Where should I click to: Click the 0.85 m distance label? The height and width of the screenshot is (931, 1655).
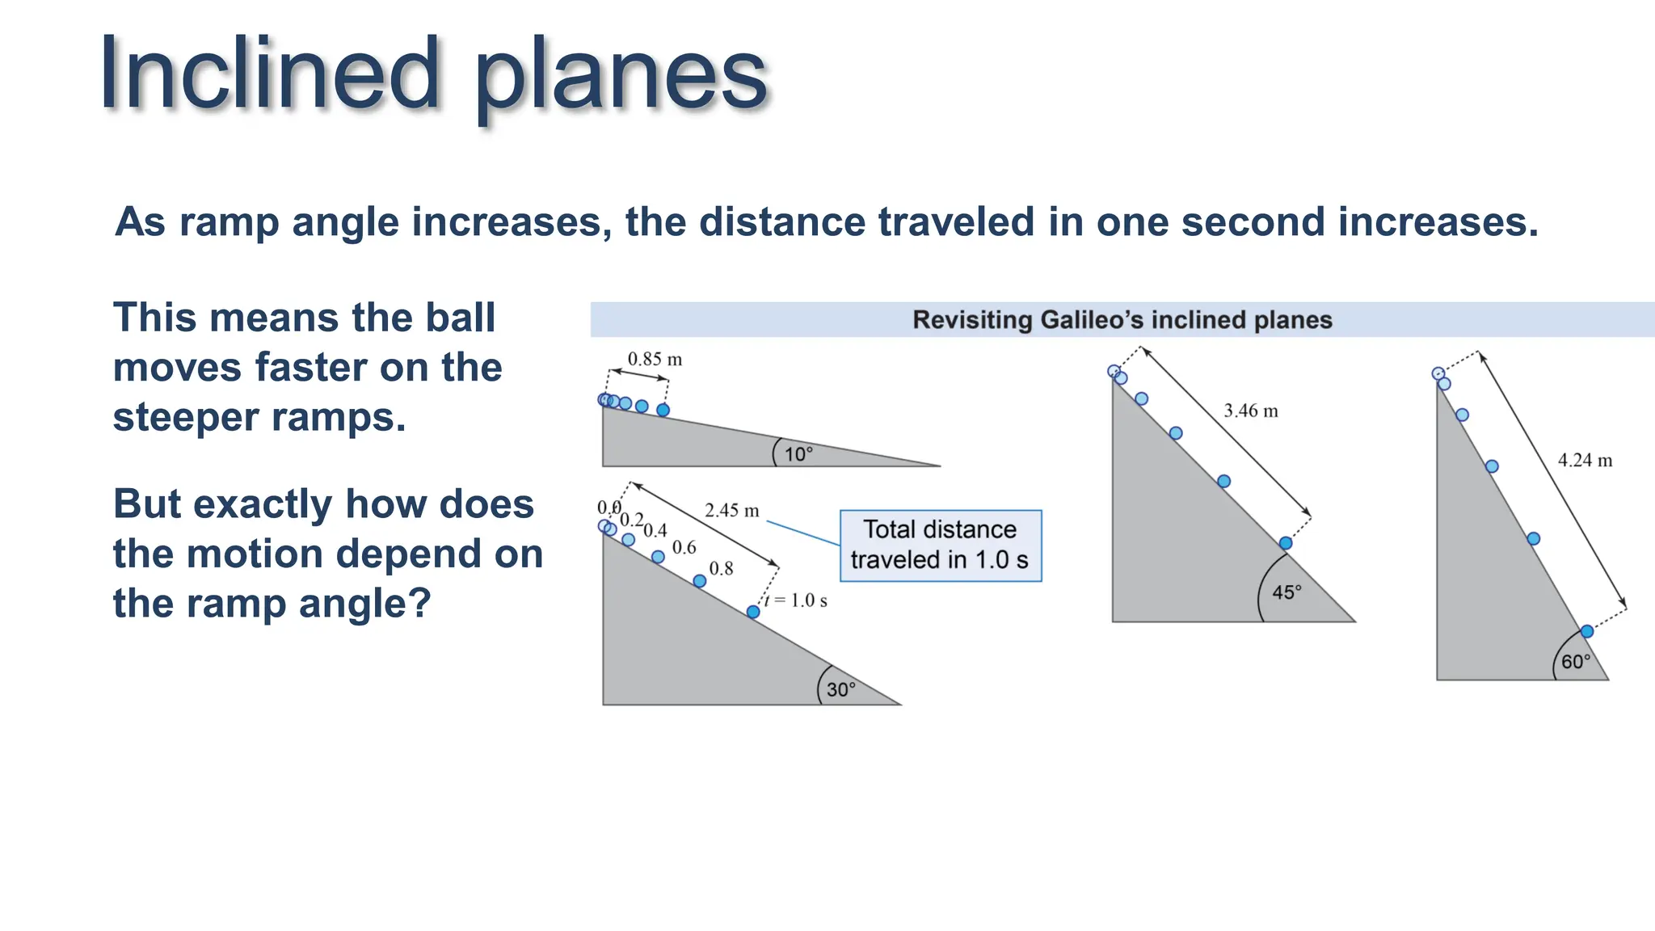click(x=655, y=359)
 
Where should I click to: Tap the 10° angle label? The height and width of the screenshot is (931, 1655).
click(x=798, y=454)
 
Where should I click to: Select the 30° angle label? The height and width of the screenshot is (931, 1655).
click(x=840, y=689)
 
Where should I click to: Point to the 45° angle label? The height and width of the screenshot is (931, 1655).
click(x=1287, y=592)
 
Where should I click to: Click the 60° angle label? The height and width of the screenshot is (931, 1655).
click(x=1575, y=662)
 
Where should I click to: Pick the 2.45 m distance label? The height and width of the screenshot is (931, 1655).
click(x=731, y=511)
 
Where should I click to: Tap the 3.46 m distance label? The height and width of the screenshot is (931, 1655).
click(x=1250, y=411)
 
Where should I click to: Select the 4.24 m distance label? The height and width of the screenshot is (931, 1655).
click(x=1584, y=461)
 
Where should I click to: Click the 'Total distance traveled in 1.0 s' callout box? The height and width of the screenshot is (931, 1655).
click(x=941, y=546)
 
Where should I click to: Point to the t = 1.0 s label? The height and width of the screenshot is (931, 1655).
click(x=797, y=600)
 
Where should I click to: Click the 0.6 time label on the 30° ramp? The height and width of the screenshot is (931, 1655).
click(x=684, y=548)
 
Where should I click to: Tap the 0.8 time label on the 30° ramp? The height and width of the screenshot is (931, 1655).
click(x=721, y=569)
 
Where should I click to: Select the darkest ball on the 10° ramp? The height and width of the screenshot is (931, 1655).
click(x=663, y=410)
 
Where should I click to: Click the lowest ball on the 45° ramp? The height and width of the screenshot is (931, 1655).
click(x=1285, y=543)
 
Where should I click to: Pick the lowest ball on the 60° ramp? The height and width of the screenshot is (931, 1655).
click(x=1586, y=631)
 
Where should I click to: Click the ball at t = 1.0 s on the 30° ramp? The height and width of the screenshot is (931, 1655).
click(x=752, y=612)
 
